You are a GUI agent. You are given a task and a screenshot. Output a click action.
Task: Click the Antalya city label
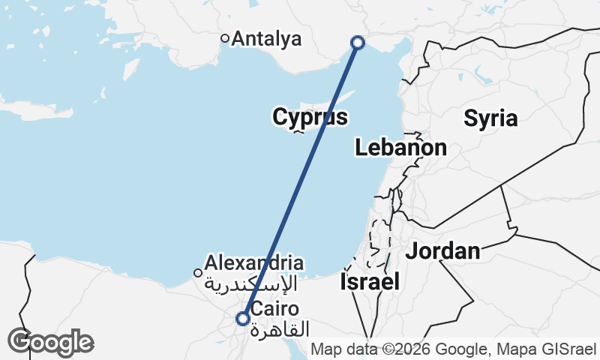point(267,39)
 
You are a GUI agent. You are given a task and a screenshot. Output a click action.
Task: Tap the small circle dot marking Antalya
point(224,38)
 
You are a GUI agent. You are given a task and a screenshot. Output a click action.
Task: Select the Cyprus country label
point(310,118)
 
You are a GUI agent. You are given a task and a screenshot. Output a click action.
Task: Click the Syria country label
point(490,118)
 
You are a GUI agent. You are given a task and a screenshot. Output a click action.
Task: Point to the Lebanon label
point(401,148)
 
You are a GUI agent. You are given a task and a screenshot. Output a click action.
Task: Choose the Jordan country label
point(442,251)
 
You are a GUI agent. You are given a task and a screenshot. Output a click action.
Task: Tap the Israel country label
point(370,282)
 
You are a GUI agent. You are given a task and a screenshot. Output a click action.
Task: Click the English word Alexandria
point(254,263)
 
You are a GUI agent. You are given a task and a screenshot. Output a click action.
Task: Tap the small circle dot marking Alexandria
point(198,273)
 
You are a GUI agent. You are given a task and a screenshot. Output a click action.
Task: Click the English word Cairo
point(275,309)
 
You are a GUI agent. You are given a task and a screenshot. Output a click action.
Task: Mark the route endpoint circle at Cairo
point(243,319)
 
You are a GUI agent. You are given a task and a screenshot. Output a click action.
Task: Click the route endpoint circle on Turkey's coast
point(358,43)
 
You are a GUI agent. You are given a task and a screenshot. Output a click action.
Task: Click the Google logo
point(50,342)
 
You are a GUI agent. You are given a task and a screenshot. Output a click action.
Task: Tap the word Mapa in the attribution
point(518,349)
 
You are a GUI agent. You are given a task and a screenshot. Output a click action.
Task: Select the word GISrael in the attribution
point(567,349)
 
